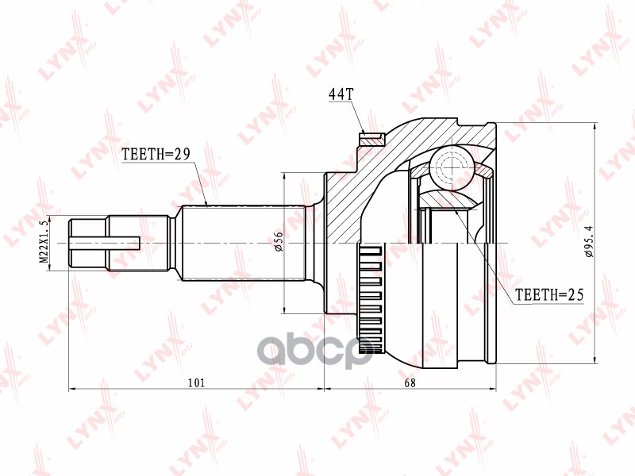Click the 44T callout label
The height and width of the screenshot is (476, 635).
pyautogui.click(x=341, y=94)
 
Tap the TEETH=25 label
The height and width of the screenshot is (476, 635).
pyautogui.click(x=549, y=295)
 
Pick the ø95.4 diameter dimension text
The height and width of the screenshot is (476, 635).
pyautogui.click(x=588, y=243)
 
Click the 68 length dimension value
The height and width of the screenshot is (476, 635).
pyautogui.click(x=410, y=382)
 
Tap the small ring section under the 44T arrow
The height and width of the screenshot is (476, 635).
pyautogui.click(x=370, y=140)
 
